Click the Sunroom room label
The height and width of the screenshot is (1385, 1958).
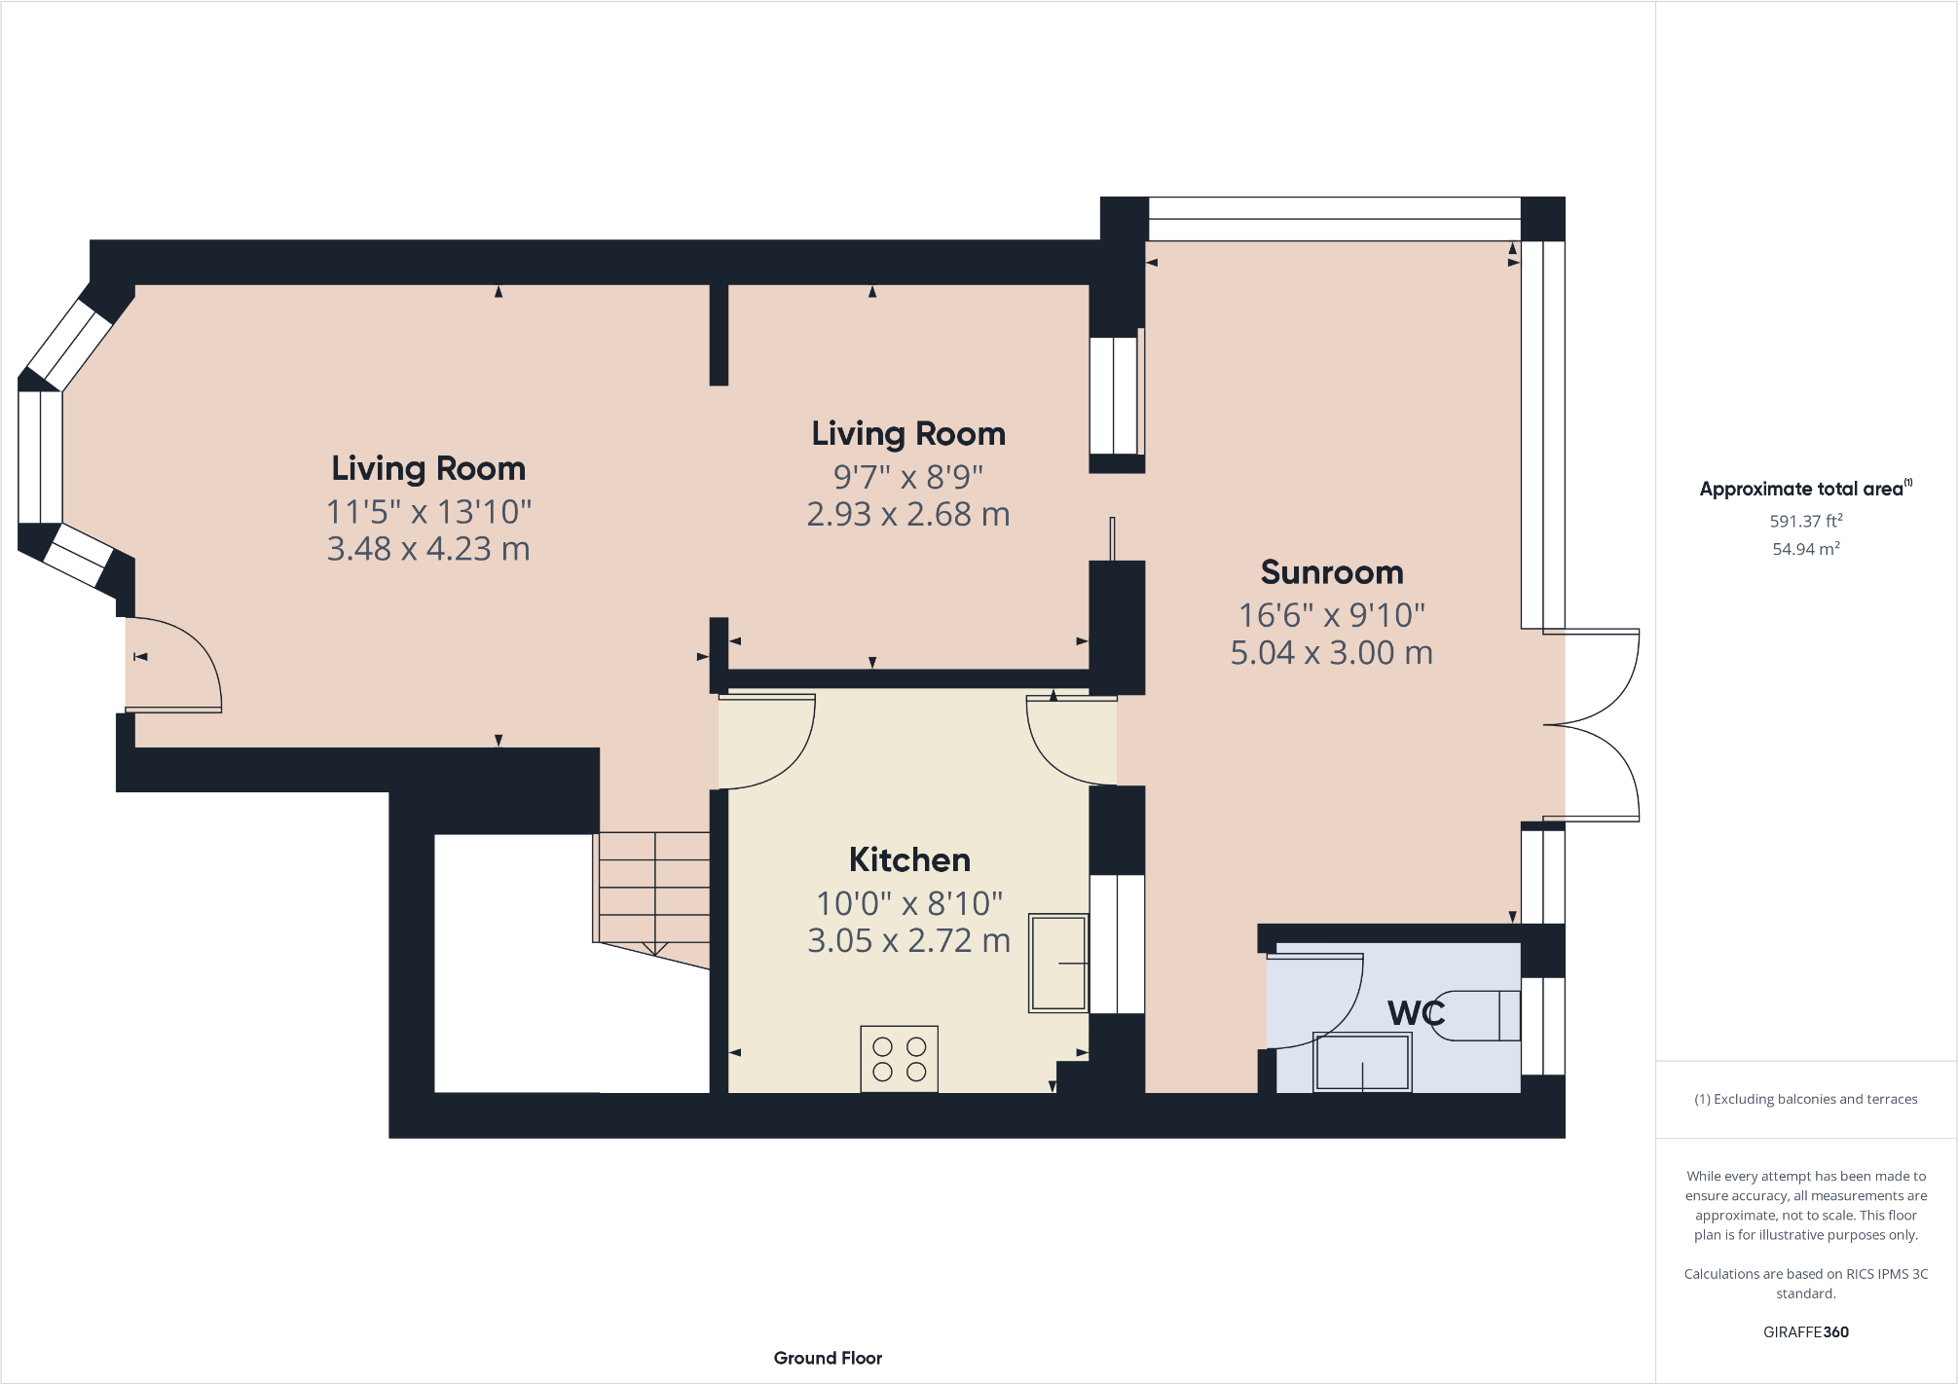click(x=1331, y=572)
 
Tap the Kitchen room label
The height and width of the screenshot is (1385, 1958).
click(x=909, y=860)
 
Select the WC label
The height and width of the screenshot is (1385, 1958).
click(x=1416, y=1013)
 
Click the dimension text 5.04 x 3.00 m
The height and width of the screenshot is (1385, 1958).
click(x=1331, y=653)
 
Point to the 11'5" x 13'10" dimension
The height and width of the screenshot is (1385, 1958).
click(x=428, y=512)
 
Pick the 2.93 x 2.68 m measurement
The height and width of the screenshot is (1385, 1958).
click(x=907, y=515)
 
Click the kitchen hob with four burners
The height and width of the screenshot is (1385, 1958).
click(x=899, y=1059)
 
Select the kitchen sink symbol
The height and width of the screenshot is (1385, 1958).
click(x=1057, y=963)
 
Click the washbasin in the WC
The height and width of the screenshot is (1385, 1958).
click(x=1361, y=1063)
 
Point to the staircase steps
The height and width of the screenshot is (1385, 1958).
click(x=653, y=888)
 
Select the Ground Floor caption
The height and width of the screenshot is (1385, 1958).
click(x=828, y=1358)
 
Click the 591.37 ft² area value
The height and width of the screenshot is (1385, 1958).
click(x=1805, y=522)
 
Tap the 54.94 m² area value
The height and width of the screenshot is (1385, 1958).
click(x=1805, y=549)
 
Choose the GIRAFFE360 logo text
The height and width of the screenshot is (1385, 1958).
click(x=1805, y=1332)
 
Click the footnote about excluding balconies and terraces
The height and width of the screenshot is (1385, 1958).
click(x=1805, y=1100)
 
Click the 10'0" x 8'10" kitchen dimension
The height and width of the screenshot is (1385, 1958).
click(x=909, y=904)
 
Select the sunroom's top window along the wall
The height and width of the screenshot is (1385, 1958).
click(x=1334, y=219)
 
